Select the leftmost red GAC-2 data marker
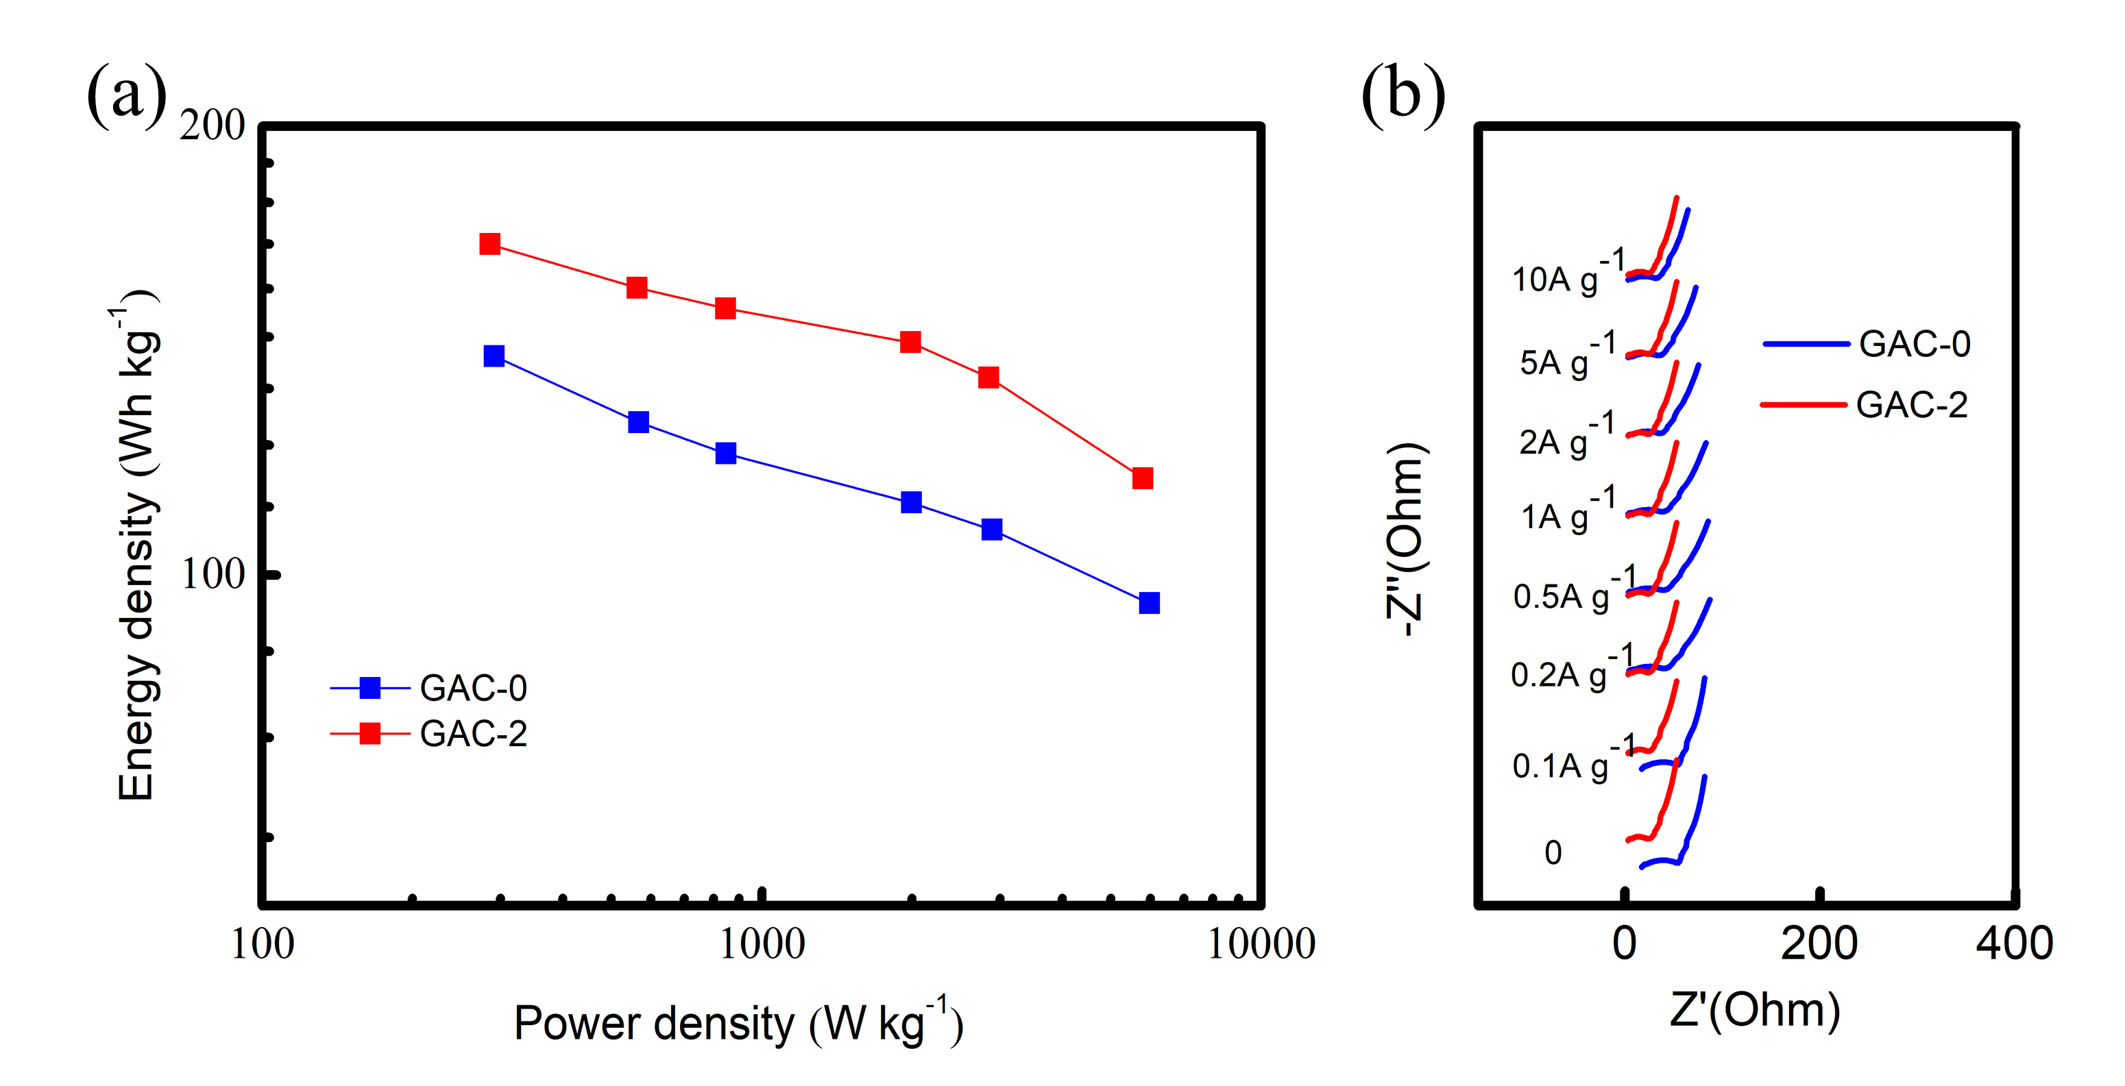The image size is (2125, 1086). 490,244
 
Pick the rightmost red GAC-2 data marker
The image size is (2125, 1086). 1143,478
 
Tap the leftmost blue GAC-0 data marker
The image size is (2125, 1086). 494,356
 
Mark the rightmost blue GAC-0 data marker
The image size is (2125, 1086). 1149,604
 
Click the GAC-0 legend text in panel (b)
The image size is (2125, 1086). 1914,344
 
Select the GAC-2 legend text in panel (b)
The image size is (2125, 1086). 1911,405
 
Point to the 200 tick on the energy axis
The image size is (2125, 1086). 212,125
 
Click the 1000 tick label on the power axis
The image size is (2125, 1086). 762,945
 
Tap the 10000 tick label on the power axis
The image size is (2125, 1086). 1261,945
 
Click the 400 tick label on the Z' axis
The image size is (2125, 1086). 2014,943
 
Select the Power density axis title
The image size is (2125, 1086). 738,1022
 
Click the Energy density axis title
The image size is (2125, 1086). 136,548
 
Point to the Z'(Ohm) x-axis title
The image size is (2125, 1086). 1755,1009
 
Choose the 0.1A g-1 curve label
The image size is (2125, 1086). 1572,761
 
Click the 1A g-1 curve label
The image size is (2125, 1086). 1567,512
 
